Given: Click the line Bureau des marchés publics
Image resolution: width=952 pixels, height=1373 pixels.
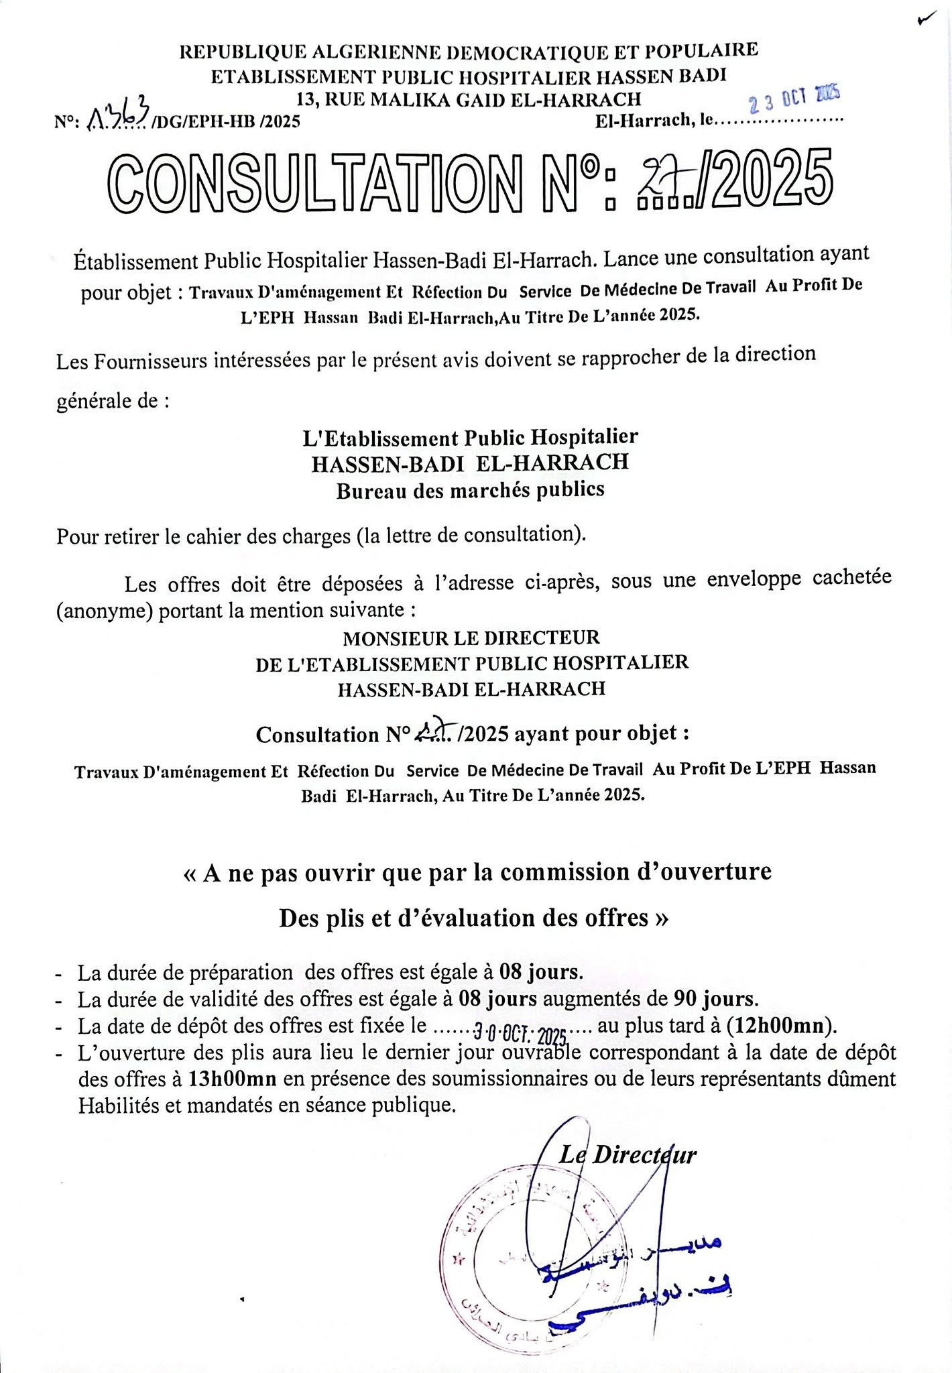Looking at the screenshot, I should (x=470, y=490).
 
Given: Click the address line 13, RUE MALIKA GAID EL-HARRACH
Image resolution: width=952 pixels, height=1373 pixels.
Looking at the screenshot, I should (x=469, y=99).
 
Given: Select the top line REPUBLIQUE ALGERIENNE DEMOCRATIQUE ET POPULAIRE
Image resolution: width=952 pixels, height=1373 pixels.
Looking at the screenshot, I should (x=469, y=50).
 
